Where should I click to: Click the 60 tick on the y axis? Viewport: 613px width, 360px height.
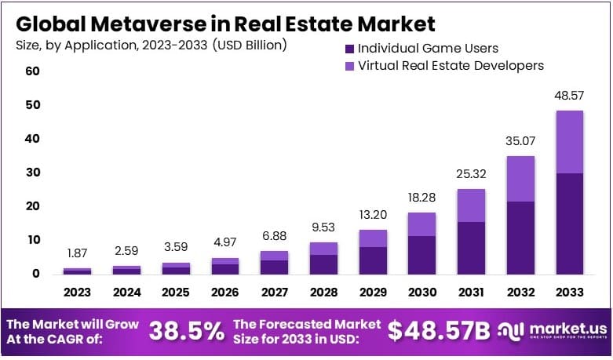[32, 71]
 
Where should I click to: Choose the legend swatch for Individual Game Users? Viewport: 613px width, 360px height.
[349, 49]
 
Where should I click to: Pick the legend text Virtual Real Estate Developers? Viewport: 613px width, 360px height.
[451, 66]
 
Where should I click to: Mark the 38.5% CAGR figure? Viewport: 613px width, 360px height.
[185, 332]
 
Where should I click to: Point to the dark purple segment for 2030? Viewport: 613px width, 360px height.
[421, 255]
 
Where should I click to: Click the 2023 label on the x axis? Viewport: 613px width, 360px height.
[78, 292]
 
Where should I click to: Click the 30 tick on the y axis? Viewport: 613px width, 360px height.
[32, 173]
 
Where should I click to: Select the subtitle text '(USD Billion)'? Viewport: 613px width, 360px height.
[249, 45]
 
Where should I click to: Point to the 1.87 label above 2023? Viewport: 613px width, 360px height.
[78, 253]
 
